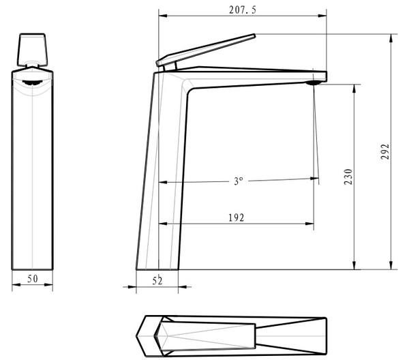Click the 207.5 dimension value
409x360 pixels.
pyautogui.click(x=243, y=10)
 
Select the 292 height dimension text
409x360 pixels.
pyautogui.click(x=385, y=151)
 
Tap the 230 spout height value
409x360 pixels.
pyautogui.click(x=348, y=177)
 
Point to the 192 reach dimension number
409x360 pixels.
pyautogui.click(x=237, y=217)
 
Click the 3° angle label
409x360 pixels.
pyautogui.click(x=239, y=181)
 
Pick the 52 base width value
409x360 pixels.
pyautogui.click(x=157, y=281)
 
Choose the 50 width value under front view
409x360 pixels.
pyautogui.click(x=33, y=279)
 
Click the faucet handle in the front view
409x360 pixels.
pyautogui.click(x=32, y=49)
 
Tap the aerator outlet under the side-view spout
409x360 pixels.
pyautogui.click(x=313, y=82)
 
